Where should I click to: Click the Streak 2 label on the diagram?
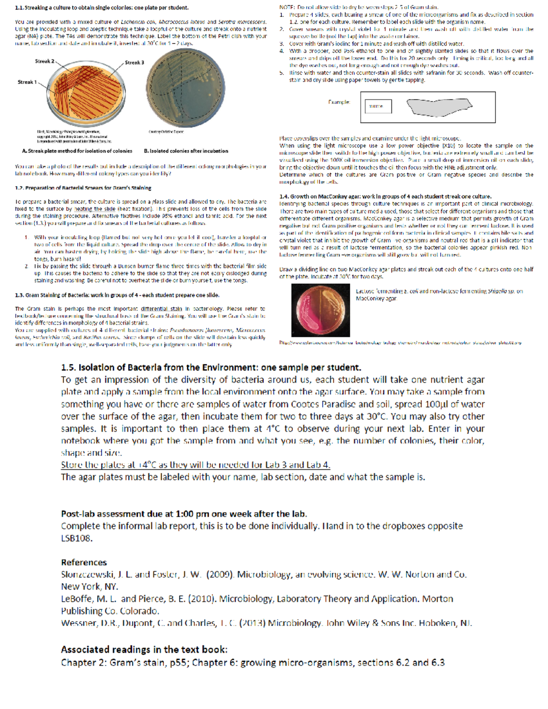tap(44, 61)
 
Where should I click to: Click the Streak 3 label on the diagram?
tap(134, 63)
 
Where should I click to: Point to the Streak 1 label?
tap(27, 82)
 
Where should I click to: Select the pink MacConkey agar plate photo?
tap(321, 310)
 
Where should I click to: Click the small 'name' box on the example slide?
tap(378, 106)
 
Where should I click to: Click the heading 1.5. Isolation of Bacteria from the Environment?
tap(211, 368)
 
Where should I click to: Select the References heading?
tap(84, 562)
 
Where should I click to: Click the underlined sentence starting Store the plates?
tap(195, 465)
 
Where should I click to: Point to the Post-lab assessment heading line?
tap(184, 514)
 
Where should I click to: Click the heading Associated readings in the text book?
tap(144, 650)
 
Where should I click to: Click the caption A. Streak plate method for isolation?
tap(77, 151)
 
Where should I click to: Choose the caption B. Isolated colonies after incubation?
tap(186, 151)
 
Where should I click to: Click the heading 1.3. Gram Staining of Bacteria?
tap(117, 295)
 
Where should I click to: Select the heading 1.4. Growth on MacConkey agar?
tap(385, 196)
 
